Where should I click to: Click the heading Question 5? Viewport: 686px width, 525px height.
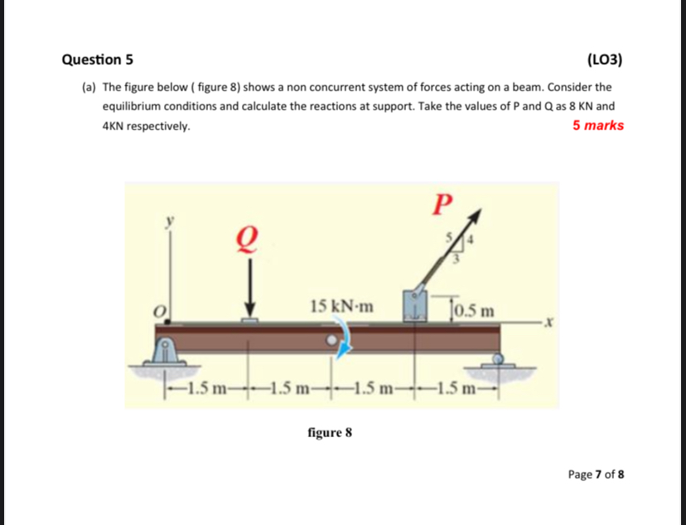click(98, 60)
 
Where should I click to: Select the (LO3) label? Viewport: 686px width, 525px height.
click(604, 60)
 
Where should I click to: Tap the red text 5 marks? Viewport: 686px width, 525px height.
click(597, 126)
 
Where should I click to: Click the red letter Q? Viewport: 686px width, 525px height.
click(248, 241)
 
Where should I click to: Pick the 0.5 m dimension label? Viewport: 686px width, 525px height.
click(475, 312)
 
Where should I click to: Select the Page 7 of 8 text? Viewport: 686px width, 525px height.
click(596, 474)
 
